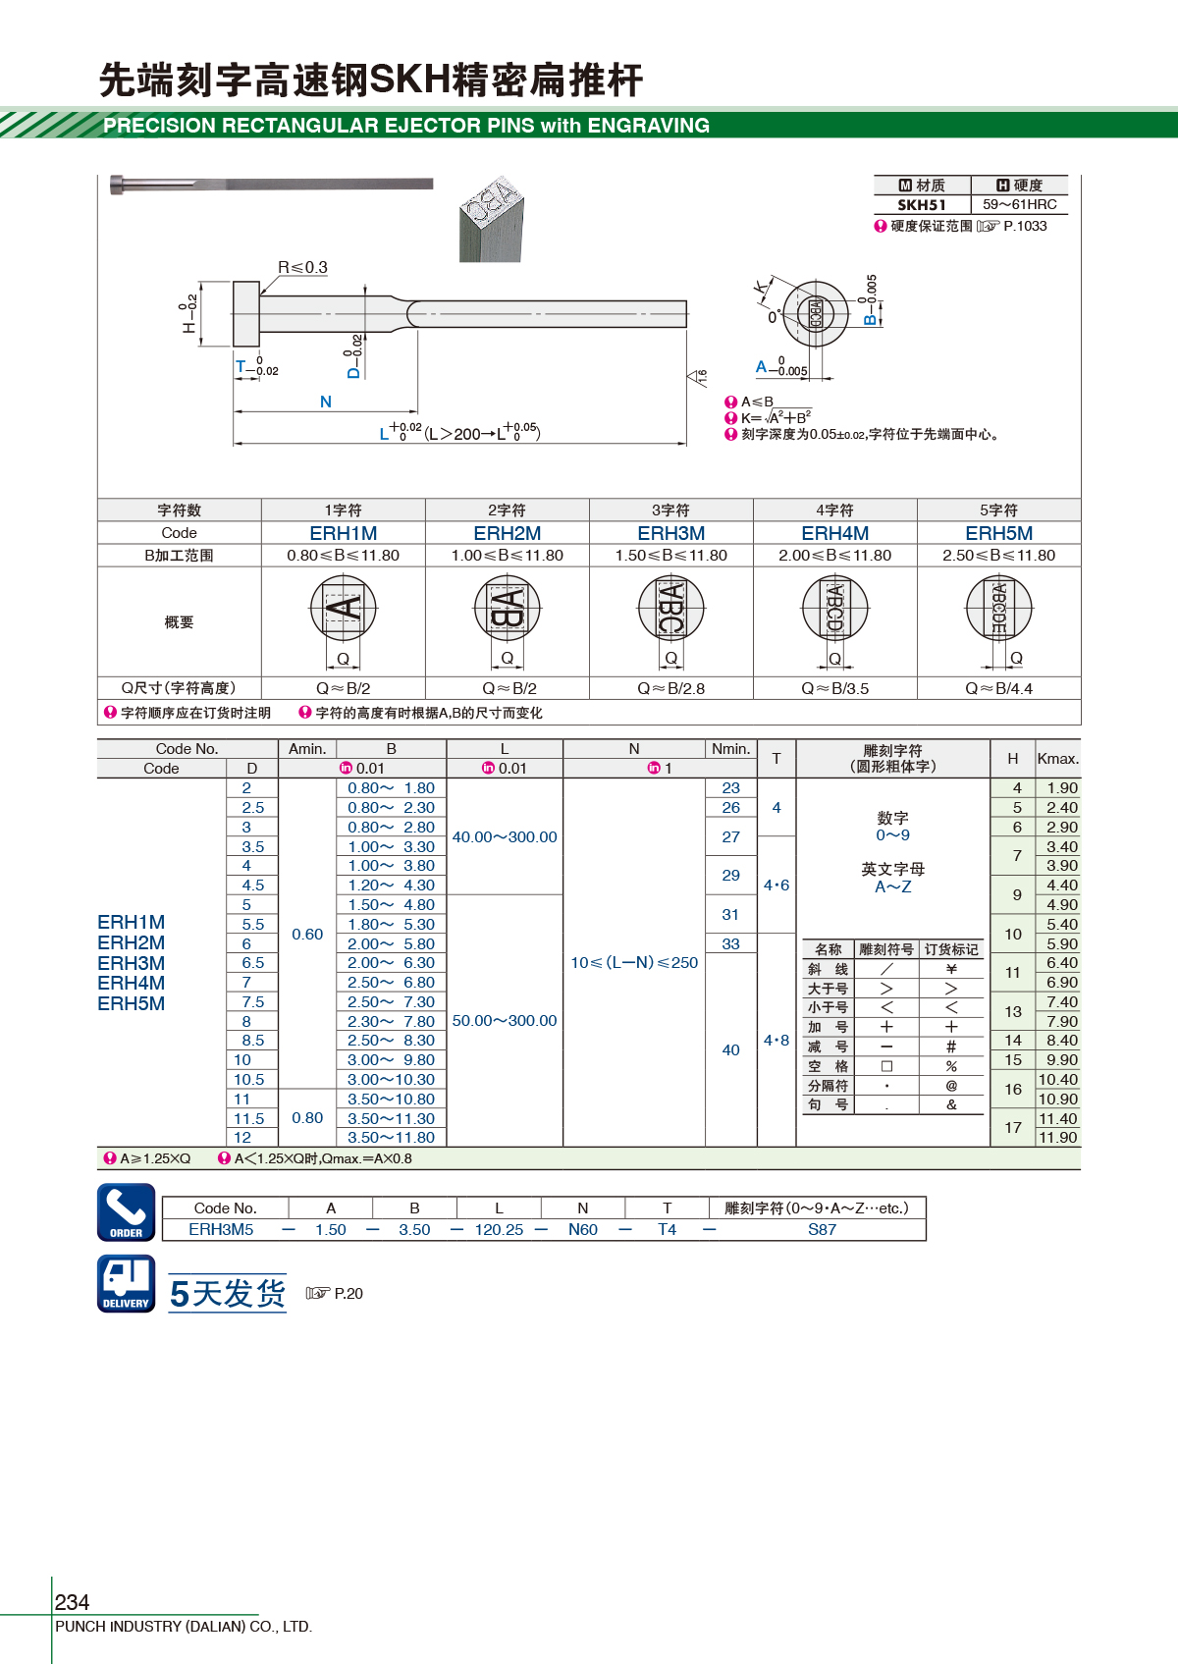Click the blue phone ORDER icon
tap(126, 1211)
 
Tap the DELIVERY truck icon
tap(126, 1283)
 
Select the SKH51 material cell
tap(922, 205)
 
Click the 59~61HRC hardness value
tap(1019, 204)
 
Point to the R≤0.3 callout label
tap(302, 267)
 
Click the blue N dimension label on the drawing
tap(325, 402)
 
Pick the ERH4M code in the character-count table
tap(834, 533)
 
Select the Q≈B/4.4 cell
tap(998, 688)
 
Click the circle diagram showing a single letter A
tap(344, 608)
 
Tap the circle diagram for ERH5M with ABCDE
tap(999, 608)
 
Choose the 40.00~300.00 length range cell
tap(505, 837)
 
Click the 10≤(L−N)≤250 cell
tap(634, 963)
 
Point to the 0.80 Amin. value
tap(307, 1118)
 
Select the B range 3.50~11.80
tap(392, 1138)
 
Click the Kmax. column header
tap(1057, 759)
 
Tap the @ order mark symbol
tap(951, 1086)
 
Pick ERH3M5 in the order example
tap(221, 1229)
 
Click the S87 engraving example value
tap(823, 1229)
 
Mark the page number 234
tap(72, 1601)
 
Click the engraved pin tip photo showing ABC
tap(492, 219)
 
